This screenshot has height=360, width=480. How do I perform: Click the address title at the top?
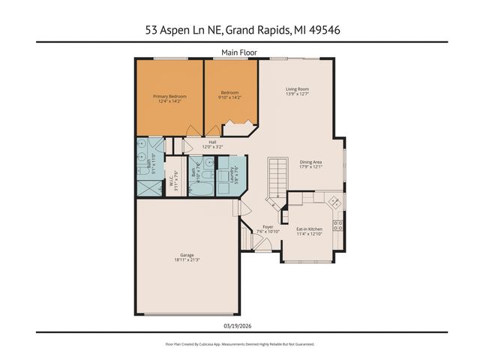click(239, 30)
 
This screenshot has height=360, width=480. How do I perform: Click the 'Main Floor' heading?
click(239, 52)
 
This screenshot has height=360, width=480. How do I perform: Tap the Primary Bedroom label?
click(169, 99)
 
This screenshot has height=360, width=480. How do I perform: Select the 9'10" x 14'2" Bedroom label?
click(229, 95)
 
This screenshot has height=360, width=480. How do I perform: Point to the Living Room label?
click(297, 92)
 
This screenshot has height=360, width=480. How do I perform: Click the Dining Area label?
click(310, 164)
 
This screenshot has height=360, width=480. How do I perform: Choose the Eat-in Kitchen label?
click(309, 232)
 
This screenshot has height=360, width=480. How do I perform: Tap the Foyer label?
click(268, 229)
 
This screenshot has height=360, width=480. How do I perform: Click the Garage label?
click(187, 257)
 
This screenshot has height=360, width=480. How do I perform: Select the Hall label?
click(212, 144)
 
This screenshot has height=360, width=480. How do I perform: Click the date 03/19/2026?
click(239, 325)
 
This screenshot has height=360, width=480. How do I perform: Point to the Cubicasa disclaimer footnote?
click(239, 344)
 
